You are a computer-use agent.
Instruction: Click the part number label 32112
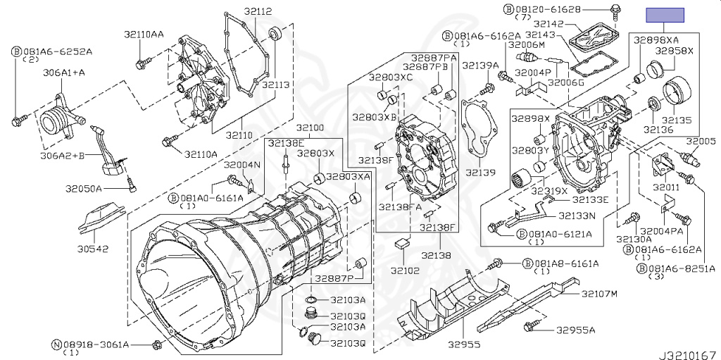tap(238, 11)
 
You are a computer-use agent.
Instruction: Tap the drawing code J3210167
tap(688, 351)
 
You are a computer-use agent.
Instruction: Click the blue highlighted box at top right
tap(666, 15)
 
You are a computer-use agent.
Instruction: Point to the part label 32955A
tap(575, 330)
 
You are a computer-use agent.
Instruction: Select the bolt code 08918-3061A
tap(96, 345)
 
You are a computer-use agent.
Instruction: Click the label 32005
tap(701, 141)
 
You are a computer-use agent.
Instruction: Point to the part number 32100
tap(309, 128)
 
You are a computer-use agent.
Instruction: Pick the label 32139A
tap(481, 66)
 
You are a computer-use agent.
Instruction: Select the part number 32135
tap(679, 120)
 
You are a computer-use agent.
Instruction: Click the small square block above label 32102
tap(403, 243)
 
